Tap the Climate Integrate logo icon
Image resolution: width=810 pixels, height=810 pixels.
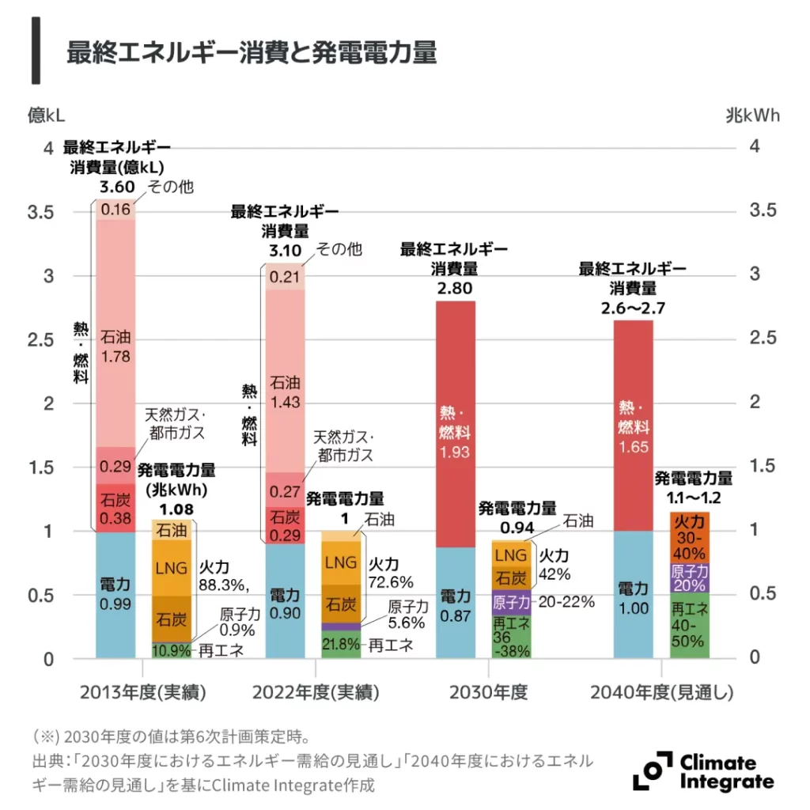(652, 770)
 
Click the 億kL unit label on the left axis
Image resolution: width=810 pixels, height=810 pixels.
(47, 115)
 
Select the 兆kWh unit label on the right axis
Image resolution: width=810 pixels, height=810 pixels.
(752, 115)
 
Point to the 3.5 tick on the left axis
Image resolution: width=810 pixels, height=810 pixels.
(40, 213)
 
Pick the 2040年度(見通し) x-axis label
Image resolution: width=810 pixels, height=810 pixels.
(662, 693)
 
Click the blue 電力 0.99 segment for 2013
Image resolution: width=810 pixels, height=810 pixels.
(115, 595)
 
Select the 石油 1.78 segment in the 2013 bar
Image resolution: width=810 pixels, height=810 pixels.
(115, 348)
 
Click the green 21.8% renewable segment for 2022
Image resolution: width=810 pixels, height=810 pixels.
(341, 644)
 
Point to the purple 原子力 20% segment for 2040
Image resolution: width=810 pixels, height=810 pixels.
(689, 577)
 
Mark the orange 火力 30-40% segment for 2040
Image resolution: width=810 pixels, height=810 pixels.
(689, 536)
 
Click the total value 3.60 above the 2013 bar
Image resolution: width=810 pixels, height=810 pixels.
(115, 187)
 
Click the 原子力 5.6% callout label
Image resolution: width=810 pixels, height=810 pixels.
(408, 615)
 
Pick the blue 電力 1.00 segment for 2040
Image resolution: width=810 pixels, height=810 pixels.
(633, 595)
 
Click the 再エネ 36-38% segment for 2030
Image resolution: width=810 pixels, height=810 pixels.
(511, 637)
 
